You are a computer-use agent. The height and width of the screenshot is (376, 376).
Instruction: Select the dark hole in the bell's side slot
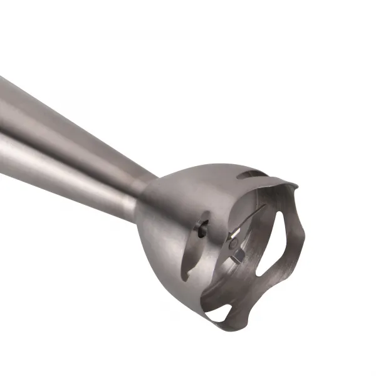tap(202, 230)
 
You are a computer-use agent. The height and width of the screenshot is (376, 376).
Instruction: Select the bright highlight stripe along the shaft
tap(63, 135)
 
